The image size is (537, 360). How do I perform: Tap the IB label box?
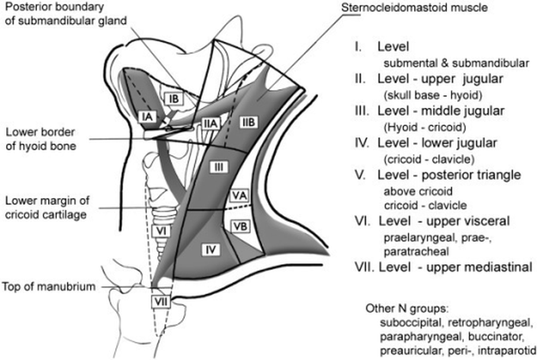(x=176, y=98)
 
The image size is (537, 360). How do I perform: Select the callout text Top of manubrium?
(x=49, y=287)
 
